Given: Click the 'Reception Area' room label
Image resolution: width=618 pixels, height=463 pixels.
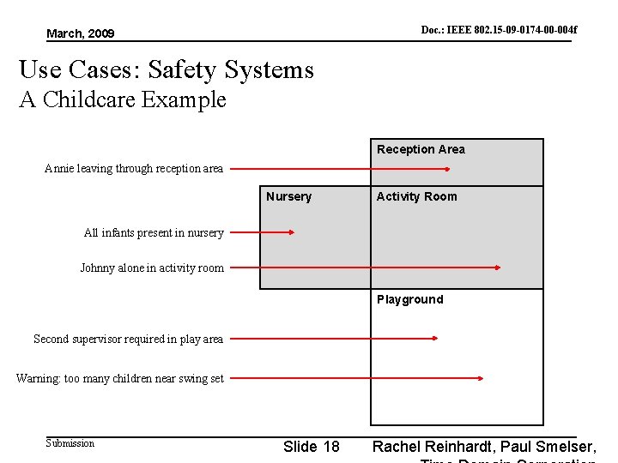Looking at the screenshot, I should coord(421,149).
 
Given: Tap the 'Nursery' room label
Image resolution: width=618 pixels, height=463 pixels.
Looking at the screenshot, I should coord(288,196).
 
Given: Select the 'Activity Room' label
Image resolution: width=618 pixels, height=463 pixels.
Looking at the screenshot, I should coord(416,196).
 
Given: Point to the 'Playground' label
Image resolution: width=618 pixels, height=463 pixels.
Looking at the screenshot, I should coord(409,299).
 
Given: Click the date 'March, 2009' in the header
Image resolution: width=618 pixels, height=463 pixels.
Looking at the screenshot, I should coord(80,33).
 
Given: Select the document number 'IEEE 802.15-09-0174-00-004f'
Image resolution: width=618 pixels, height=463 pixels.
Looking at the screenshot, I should coord(499,30).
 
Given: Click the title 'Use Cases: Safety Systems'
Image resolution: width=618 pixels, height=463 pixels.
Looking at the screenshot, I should coord(167,69).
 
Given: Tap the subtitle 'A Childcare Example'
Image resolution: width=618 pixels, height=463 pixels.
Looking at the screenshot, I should coord(123,99).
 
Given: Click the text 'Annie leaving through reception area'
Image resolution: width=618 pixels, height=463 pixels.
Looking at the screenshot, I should coord(133,168).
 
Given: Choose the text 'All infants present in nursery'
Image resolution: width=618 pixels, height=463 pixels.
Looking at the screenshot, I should coord(154,232).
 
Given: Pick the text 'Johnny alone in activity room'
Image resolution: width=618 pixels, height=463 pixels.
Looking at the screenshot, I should coord(152,268).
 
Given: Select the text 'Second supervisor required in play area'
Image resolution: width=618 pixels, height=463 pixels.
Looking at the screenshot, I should coord(128,339).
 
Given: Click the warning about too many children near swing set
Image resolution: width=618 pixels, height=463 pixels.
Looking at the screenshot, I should coord(120,378).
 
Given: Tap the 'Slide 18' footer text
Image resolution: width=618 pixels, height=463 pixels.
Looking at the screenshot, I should coord(311,447).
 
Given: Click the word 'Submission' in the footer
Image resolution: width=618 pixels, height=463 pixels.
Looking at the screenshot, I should coord(70,443).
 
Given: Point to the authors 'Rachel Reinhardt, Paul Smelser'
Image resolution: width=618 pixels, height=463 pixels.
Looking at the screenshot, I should coord(483,447).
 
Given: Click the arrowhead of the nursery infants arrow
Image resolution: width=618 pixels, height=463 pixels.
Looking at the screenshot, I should coord(292,231).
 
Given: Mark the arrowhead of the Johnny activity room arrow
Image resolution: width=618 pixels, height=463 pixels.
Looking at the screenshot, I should coord(497,268).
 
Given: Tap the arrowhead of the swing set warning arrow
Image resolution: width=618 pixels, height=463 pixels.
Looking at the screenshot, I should coord(482,377).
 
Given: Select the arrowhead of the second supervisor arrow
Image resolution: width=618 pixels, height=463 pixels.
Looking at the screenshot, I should coord(435,339).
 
